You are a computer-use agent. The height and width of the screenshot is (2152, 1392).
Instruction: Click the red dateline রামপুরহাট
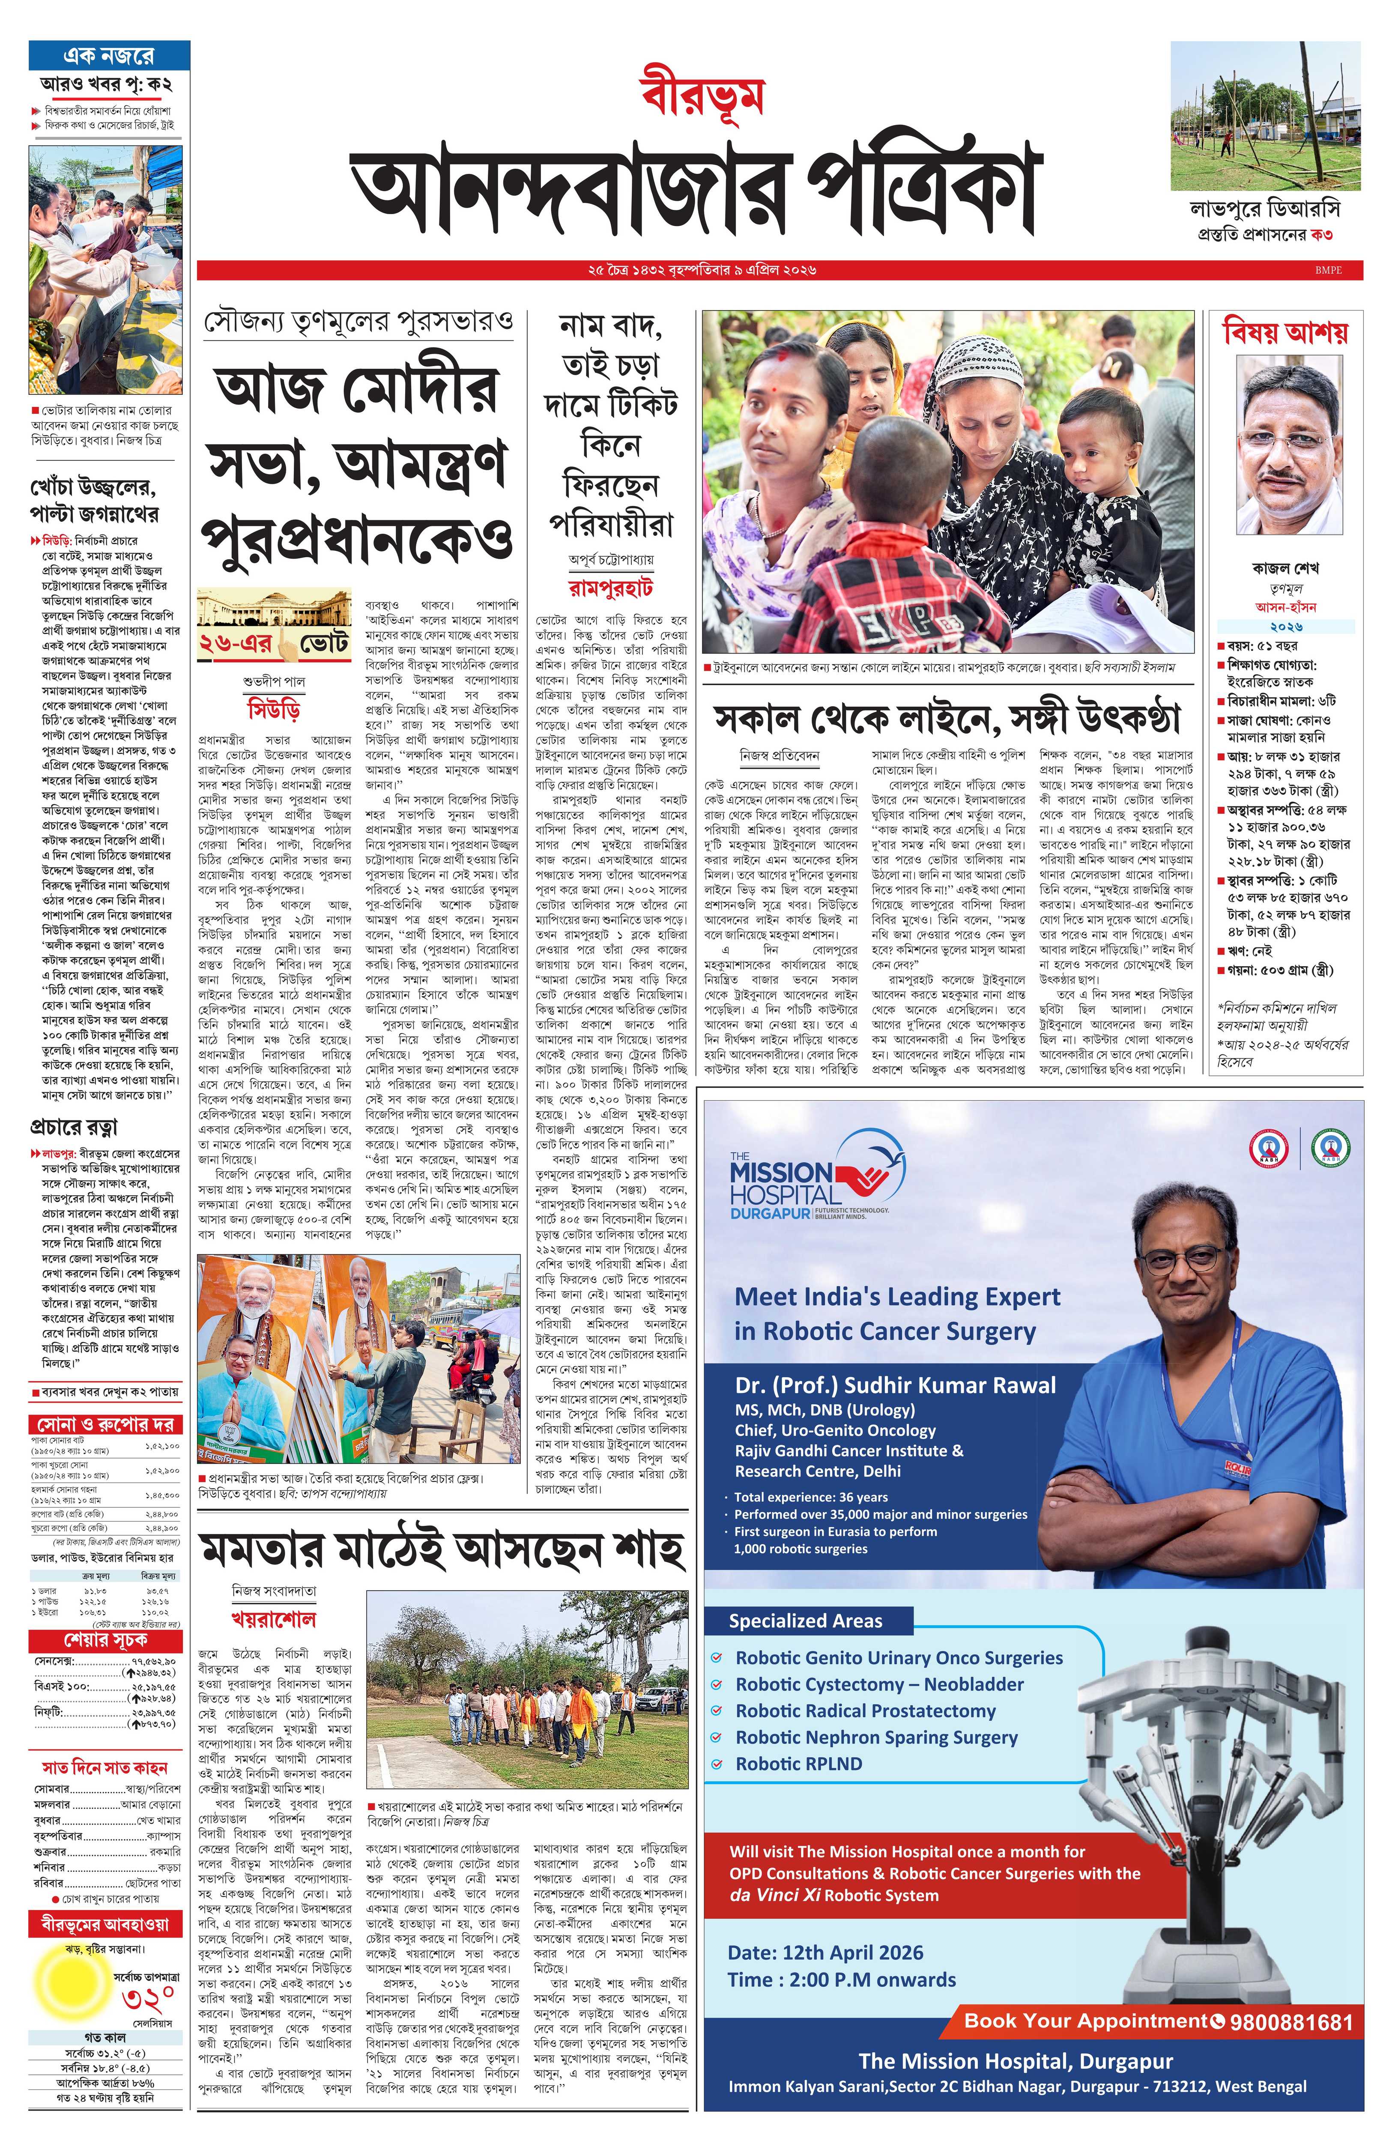click(x=611, y=588)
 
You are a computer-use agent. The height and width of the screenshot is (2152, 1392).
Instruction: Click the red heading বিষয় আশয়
click(x=1284, y=332)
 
